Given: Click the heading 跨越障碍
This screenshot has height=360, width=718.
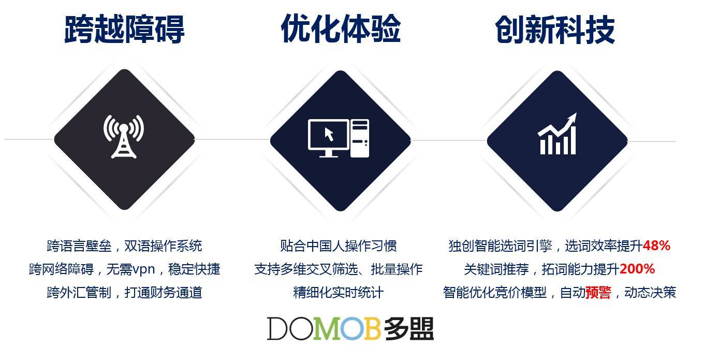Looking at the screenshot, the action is (x=124, y=29).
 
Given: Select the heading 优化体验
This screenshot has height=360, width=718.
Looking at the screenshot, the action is (x=341, y=28).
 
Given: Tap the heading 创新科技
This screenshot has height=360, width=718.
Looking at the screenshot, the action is (x=555, y=30).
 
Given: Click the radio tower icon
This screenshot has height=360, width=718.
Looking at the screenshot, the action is (x=124, y=137).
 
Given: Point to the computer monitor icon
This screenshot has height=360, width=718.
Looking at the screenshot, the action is (x=329, y=138).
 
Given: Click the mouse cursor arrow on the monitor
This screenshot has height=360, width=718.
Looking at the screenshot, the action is (x=329, y=134).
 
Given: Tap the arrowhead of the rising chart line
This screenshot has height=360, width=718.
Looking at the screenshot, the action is (x=573, y=118).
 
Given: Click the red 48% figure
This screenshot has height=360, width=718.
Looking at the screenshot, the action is (x=656, y=246).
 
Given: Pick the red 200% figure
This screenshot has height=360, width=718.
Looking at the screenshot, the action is (x=637, y=269).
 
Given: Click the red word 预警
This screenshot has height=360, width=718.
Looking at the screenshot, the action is (x=598, y=293).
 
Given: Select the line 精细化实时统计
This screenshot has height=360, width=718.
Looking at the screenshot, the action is (x=338, y=293).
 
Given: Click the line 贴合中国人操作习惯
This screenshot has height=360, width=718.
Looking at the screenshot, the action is (x=339, y=246).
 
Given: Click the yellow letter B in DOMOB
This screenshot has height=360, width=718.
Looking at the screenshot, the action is (x=372, y=328).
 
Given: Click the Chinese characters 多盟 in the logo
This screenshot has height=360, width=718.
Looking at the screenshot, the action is (x=408, y=328).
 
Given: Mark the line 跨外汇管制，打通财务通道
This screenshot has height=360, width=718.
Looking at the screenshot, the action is (x=124, y=293).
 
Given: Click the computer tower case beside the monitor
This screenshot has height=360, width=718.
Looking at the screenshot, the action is (x=360, y=138).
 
